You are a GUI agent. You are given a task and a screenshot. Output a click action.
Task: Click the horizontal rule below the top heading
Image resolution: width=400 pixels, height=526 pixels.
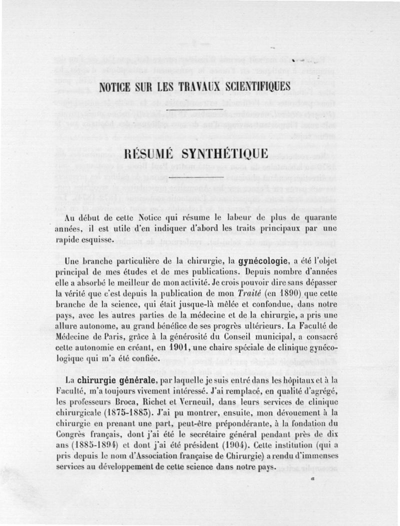[x=194, y=108]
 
